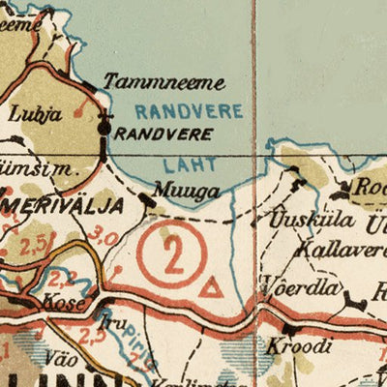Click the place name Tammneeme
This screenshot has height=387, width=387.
(164, 82)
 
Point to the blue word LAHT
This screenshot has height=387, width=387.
(182, 164)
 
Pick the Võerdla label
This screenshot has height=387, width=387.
(301, 287)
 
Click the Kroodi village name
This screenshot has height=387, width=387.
(307, 345)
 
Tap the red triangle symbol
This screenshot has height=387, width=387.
(208, 287)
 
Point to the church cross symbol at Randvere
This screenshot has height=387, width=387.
(104, 124)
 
